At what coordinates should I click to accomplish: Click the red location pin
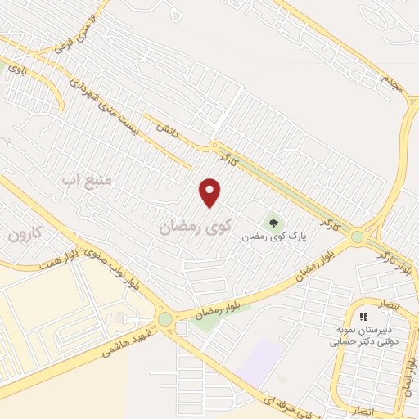pos(210,192)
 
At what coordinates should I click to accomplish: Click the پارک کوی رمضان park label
pos(273,236)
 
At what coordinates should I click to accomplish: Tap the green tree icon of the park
pos(273,221)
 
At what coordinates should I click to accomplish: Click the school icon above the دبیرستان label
pos(363,316)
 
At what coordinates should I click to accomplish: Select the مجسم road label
pos(390,80)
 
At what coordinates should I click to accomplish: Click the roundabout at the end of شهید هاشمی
pos(166,319)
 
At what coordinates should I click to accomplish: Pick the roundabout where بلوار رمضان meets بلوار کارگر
pos(357,238)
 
